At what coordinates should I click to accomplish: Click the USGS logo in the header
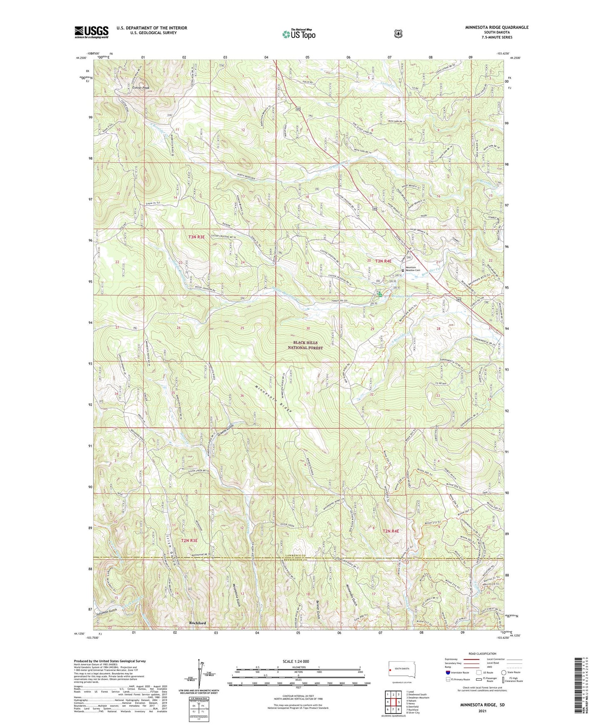92,32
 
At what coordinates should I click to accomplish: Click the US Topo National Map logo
298,34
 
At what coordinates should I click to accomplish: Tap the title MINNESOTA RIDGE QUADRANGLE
497,27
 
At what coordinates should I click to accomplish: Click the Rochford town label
197,623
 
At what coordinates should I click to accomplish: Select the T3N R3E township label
196,237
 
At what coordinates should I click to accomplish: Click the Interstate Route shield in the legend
448,672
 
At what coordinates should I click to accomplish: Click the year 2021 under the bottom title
482,711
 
